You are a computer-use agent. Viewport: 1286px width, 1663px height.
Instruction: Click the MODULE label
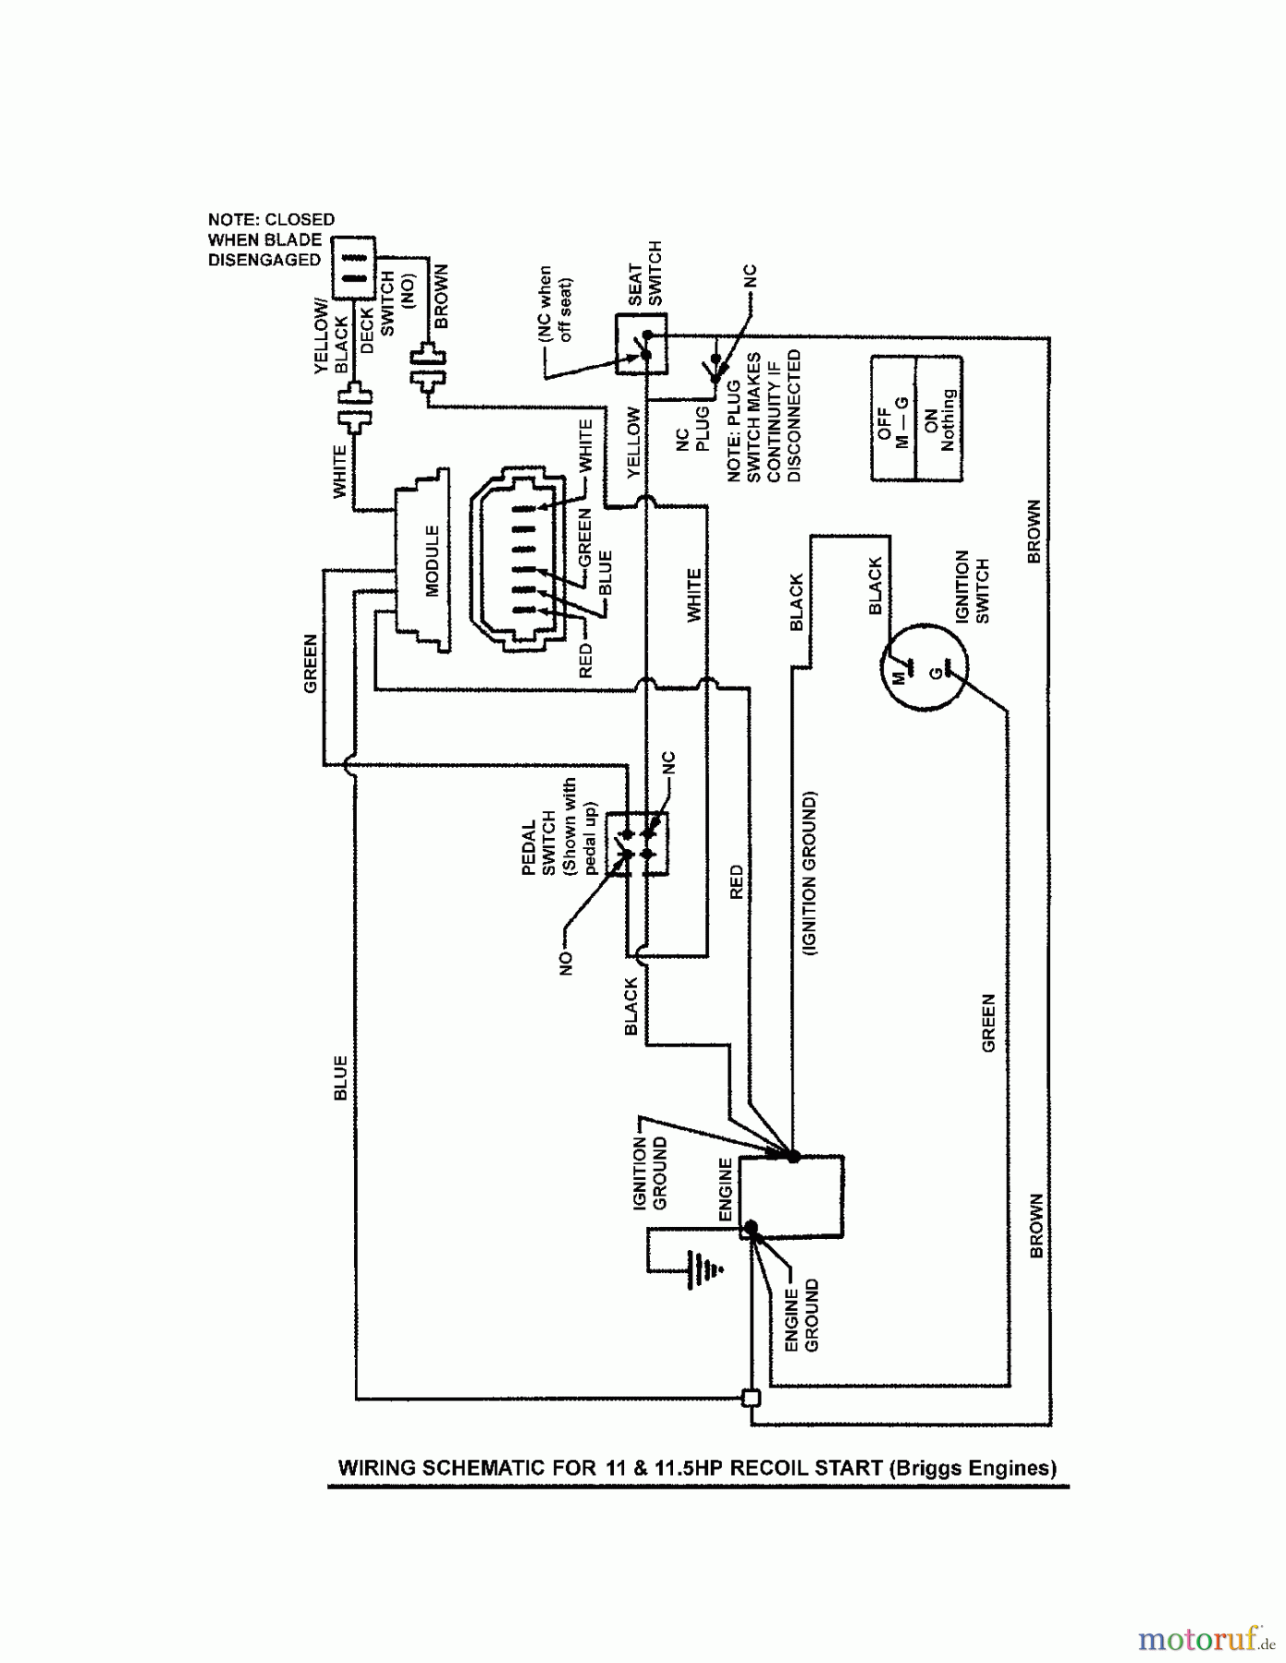[432, 560]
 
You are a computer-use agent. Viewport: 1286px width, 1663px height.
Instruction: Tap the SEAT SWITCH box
[641, 345]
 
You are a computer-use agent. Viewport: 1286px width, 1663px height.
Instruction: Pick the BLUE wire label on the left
[340, 1077]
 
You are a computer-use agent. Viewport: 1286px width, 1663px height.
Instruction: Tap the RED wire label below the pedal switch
[737, 881]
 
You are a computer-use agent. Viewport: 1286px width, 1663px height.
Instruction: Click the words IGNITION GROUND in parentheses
[811, 872]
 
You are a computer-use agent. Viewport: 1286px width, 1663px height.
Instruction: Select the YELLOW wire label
[633, 442]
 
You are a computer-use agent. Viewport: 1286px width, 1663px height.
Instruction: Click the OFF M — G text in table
[892, 421]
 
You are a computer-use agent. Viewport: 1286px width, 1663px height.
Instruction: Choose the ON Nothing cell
[938, 420]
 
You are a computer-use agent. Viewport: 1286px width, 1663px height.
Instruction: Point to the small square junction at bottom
[752, 1399]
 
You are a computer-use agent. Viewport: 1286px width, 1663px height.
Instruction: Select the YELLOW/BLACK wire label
[330, 339]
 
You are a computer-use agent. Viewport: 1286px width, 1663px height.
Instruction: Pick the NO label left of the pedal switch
[567, 964]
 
